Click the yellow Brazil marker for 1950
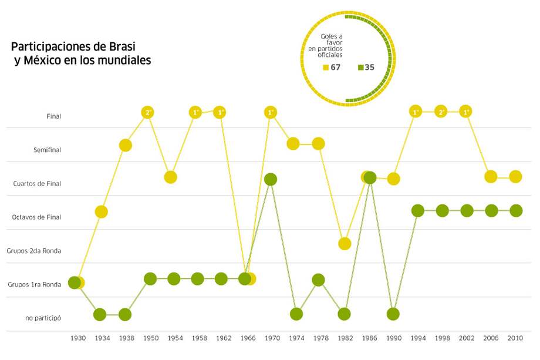click(x=148, y=112)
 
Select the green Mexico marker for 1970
click(x=271, y=179)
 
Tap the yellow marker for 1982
click(x=345, y=243)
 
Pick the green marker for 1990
click(x=393, y=314)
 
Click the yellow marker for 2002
click(x=466, y=112)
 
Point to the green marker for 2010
click(x=515, y=210)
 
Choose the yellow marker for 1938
click(x=125, y=145)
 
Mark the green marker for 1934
click(x=100, y=314)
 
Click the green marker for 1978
click(x=318, y=280)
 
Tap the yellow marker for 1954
click(x=170, y=177)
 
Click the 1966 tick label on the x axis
click(x=247, y=338)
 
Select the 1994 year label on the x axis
click(x=419, y=338)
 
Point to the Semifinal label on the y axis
click(x=47, y=150)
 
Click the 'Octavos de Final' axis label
click(x=36, y=217)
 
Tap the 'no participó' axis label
click(x=43, y=318)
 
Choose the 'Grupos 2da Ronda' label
click(x=34, y=251)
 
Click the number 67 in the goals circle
click(x=336, y=67)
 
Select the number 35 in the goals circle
click(x=369, y=67)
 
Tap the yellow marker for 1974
click(x=293, y=143)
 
